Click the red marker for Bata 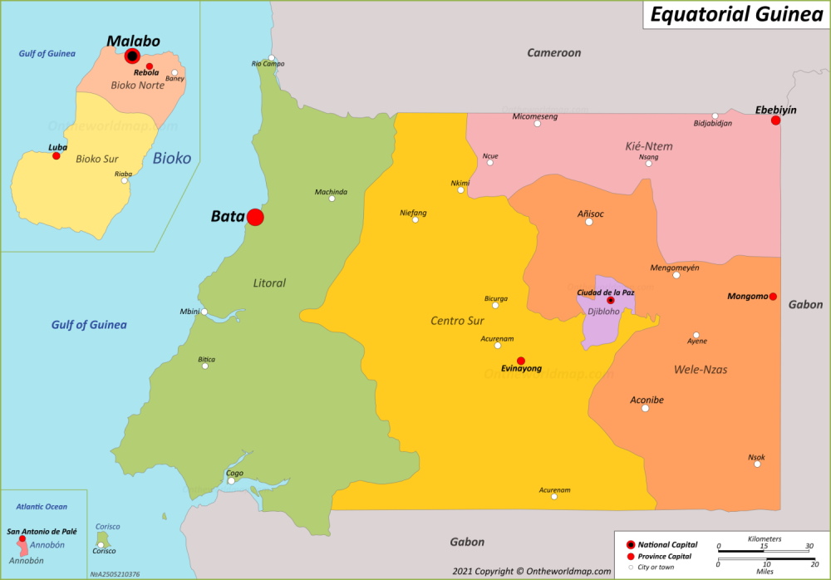[x=255, y=217]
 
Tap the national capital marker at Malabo [x=132, y=57]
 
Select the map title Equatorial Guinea [x=735, y=14]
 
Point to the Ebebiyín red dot [x=775, y=120]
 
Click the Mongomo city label [x=747, y=296]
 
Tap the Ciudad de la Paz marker [x=610, y=301]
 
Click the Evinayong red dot [x=521, y=361]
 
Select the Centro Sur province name [x=458, y=321]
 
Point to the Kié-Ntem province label [x=648, y=146]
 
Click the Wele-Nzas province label [x=701, y=369]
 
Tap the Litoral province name [x=269, y=283]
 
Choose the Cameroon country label [x=553, y=53]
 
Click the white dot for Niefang [x=415, y=219]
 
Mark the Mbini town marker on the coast [x=204, y=312]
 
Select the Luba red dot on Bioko [x=57, y=155]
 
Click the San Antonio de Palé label [x=42, y=531]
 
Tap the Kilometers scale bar [x=765, y=549]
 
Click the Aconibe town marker [x=645, y=408]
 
